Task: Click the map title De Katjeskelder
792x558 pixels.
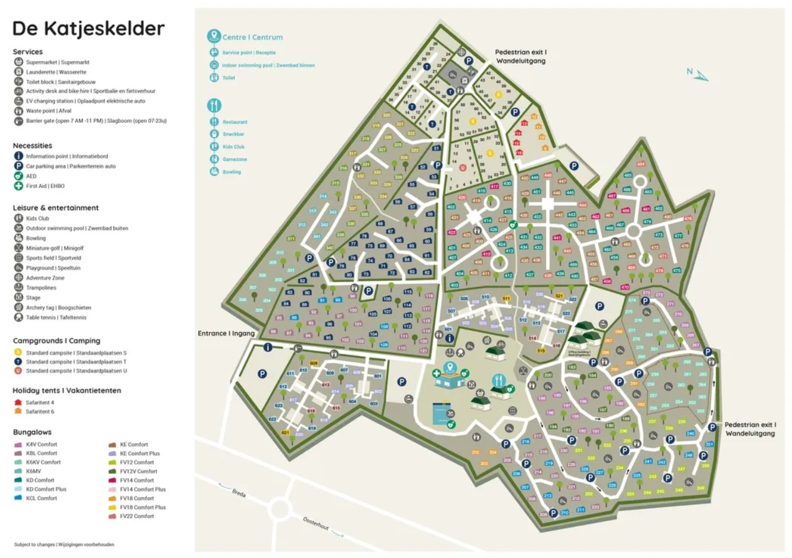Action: tap(88, 29)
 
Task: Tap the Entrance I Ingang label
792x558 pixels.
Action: tap(227, 333)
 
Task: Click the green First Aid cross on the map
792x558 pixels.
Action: tap(437, 374)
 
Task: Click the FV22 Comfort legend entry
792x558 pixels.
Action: tap(136, 516)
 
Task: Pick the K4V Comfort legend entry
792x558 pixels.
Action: tap(41, 445)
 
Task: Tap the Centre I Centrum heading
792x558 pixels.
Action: tap(252, 37)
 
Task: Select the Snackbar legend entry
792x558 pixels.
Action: tap(233, 134)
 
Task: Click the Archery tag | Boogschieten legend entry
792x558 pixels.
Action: tap(58, 308)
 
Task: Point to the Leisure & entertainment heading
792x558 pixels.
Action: tap(56, 208)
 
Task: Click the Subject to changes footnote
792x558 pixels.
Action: tap(64, 544)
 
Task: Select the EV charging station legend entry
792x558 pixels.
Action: tap(85, 101)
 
